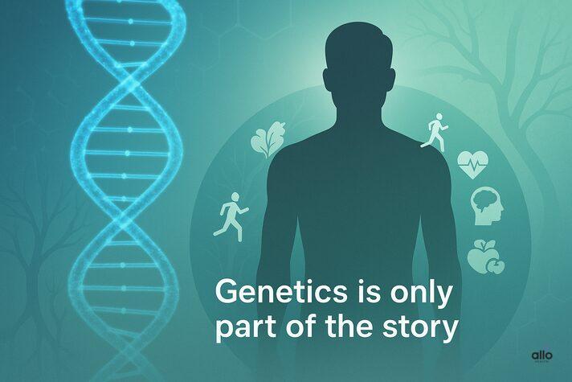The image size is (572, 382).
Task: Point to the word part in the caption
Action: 241,330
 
